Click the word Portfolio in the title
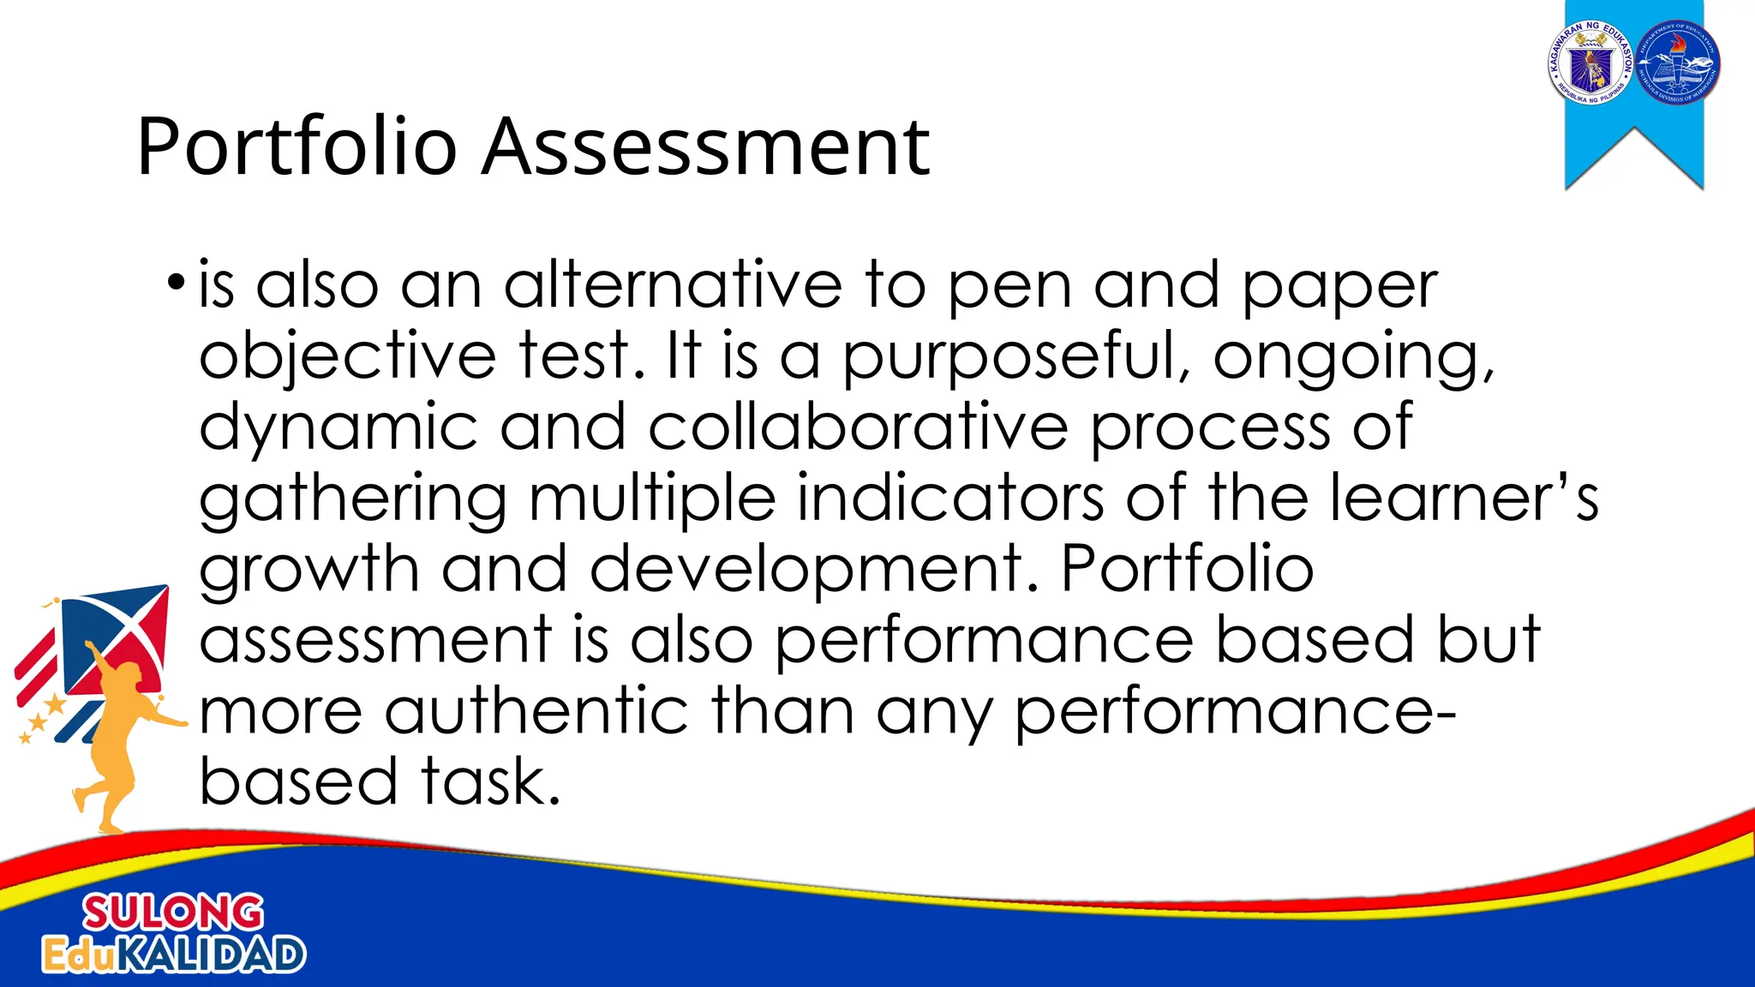tap(296, 147)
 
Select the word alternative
tap(673, 286)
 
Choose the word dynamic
tap(338, 429)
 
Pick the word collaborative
tap(858, 428)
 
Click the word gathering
tap(353, 500)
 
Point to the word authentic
tap(536, 712)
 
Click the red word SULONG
tap(172, 913)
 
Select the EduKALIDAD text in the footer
tap(174, 954)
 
